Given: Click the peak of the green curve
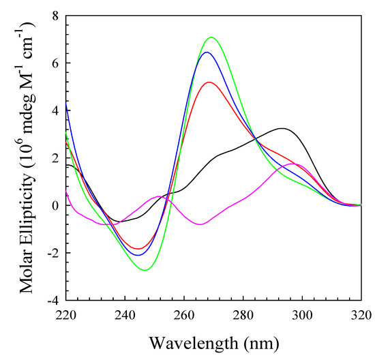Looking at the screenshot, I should tap(211, 37).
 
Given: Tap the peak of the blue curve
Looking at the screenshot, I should tap(207, 52).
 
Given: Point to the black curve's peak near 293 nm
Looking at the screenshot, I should tap(282, 128).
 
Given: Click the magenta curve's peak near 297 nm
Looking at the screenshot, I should tap(293, 164).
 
